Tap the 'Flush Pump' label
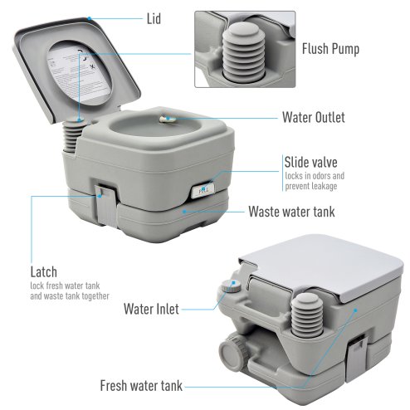point(330,49)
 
